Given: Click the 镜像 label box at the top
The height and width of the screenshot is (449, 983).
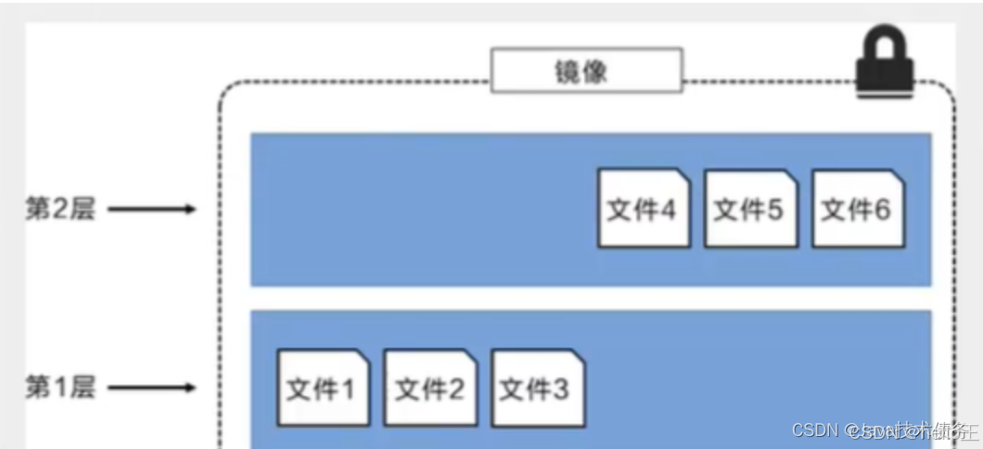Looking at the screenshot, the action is (586, 71).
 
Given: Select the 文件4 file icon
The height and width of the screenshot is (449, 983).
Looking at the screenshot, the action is (644, 208).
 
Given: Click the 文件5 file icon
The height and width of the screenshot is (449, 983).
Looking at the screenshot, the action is (750, 208).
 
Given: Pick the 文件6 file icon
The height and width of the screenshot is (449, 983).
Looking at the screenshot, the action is (858, 208).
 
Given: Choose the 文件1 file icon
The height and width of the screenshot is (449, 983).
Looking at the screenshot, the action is (323, 388).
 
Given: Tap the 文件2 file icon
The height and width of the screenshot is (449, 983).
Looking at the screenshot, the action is (429, 388).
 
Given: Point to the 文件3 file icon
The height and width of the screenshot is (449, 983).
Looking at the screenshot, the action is (537, 388).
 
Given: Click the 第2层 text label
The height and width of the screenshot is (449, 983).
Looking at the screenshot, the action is (60, 209).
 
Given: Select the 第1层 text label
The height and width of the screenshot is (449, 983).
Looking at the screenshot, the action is (60, 387).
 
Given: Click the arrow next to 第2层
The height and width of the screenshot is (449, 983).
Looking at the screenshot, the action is (151, 209).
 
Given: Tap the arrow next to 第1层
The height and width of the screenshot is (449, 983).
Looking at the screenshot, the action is (151, 387).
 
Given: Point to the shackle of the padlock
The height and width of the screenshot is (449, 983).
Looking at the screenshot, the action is (885, 42).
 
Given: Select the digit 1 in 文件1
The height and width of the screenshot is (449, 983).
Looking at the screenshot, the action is (347, 390).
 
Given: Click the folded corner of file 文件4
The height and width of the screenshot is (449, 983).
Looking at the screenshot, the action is (683, 175).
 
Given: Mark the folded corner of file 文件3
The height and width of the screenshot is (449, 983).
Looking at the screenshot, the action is (577, 356).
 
